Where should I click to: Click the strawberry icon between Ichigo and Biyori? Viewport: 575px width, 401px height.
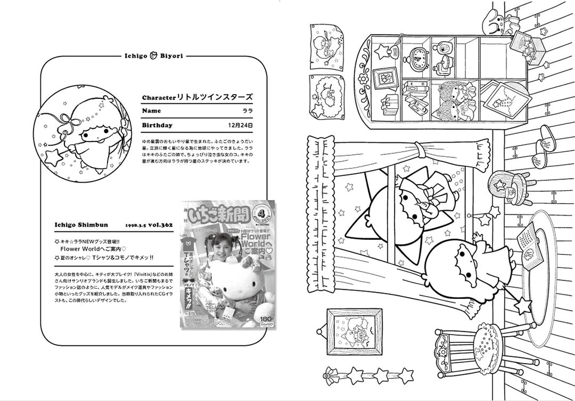pos(153,54)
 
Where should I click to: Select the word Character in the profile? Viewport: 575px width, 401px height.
pos(159,98)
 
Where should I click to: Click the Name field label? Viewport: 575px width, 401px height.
pos(151,111)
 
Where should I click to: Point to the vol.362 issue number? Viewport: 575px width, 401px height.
pos(161,225)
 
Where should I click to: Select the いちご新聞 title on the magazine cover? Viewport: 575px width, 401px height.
pos(219,214)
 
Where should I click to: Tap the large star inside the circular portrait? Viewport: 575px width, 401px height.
pos(54,158)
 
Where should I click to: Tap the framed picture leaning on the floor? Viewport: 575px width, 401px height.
pos(354,332)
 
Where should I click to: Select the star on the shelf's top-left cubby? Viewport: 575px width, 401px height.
pos(382,51)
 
